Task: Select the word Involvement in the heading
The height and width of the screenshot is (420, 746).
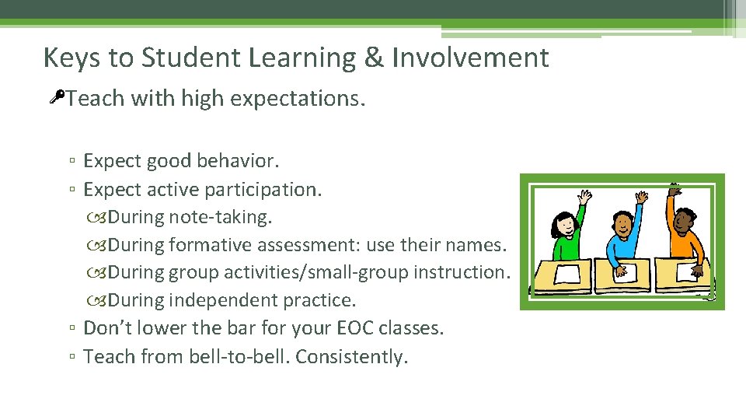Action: [x=470, y=58]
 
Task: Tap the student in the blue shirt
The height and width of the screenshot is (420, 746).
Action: [x=622, y=237]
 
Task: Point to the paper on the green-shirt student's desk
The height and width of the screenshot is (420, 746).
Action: [x=567, y=274]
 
